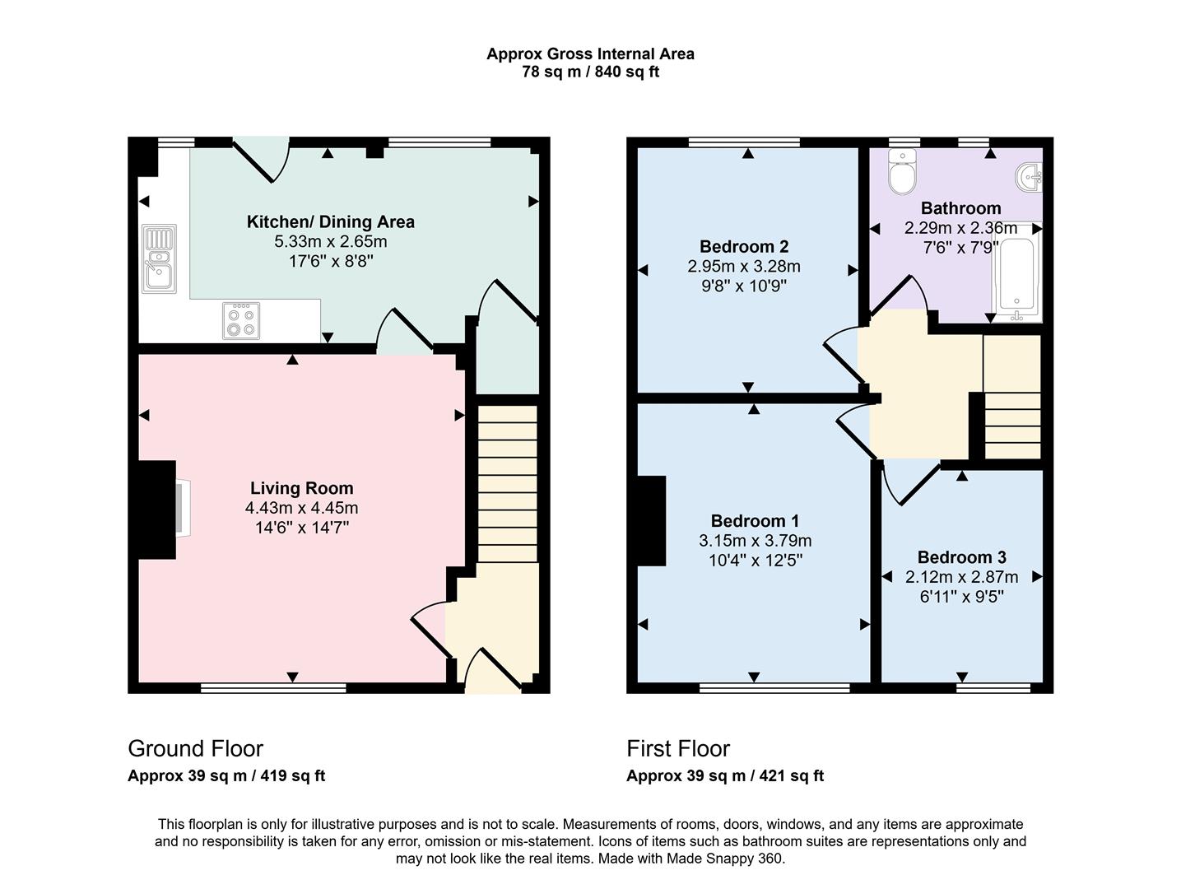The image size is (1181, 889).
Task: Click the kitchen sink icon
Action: (x=158, y=258)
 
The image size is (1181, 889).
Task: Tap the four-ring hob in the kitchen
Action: (x=241, y=320)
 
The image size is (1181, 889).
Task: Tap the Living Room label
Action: (x=301, y=488)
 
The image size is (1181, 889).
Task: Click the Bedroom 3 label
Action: (x=961, y=557)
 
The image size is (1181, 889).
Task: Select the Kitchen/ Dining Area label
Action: (x=330, y=221)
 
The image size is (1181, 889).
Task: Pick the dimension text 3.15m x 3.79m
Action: (x=755, y=541)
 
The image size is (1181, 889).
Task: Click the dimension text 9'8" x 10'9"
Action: (x=743, y=286)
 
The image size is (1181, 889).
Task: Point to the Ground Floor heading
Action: (x=195, y=748)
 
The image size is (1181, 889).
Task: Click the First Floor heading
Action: (x=677, y=748)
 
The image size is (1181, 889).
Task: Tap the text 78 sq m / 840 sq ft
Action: (x=590, y=72)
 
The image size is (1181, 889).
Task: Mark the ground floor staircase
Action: (x=508, y=482)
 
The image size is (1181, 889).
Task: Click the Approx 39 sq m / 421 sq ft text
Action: (x=724, y=775)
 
